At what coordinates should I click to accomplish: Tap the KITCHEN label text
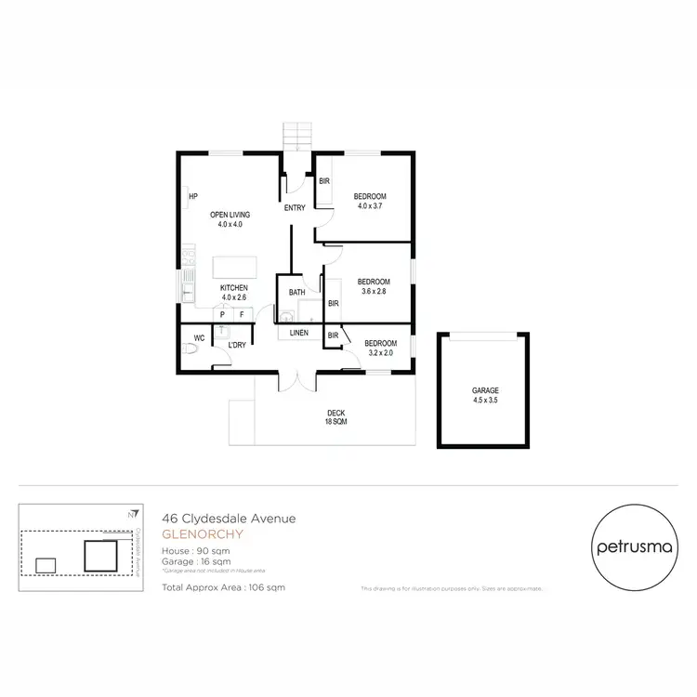click(233, 288)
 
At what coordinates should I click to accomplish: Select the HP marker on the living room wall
click(193, 196)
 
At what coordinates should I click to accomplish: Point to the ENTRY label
click(295, 207)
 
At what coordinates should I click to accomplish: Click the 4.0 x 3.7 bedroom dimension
click(370, 207)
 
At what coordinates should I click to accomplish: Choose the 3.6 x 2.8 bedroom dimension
click(374, 292)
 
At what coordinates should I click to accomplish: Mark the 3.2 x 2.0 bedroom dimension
click(380, 353)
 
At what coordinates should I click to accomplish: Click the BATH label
click(296, 293)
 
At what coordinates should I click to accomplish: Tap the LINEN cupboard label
click(298, 332)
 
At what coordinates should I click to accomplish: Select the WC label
click(198, 338)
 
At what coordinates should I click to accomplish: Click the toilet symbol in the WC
click(192, 350)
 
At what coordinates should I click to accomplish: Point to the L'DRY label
click(237, 345)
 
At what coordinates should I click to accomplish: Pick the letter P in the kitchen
click(223, 315)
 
